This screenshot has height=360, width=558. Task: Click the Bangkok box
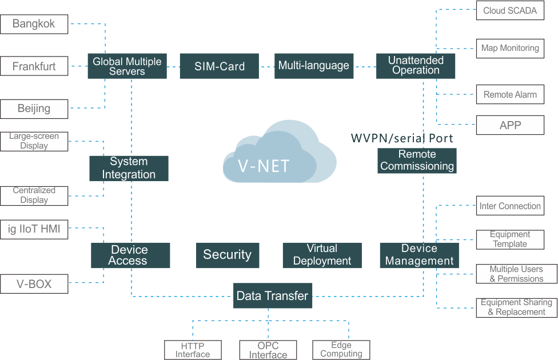[34, 24]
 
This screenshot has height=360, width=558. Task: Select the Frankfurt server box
[34, 66]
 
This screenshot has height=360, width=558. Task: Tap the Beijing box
[34, 109]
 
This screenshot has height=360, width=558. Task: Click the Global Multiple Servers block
[127, 66]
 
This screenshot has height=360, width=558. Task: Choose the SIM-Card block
[220, 66]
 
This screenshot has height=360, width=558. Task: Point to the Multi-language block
[314, 66]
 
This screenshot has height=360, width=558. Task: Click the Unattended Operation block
[416, 66]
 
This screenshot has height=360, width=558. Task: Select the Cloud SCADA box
[511, 10]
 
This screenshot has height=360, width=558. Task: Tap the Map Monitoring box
[511, 49]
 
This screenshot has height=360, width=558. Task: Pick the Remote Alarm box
[511, 94]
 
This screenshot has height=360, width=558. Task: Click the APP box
[511, 125]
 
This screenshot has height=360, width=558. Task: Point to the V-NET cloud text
[264, 166]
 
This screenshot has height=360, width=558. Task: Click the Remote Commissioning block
[417, 161]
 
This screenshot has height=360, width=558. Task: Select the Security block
[228, 255]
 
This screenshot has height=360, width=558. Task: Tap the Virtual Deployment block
[322, 255]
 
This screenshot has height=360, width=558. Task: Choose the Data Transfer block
[273, 295]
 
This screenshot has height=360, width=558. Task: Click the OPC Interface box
[268, 350]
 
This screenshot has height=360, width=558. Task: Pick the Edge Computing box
[341, 350]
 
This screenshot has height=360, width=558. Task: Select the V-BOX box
[34, 284]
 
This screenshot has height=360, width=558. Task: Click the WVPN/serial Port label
[402, 138]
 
